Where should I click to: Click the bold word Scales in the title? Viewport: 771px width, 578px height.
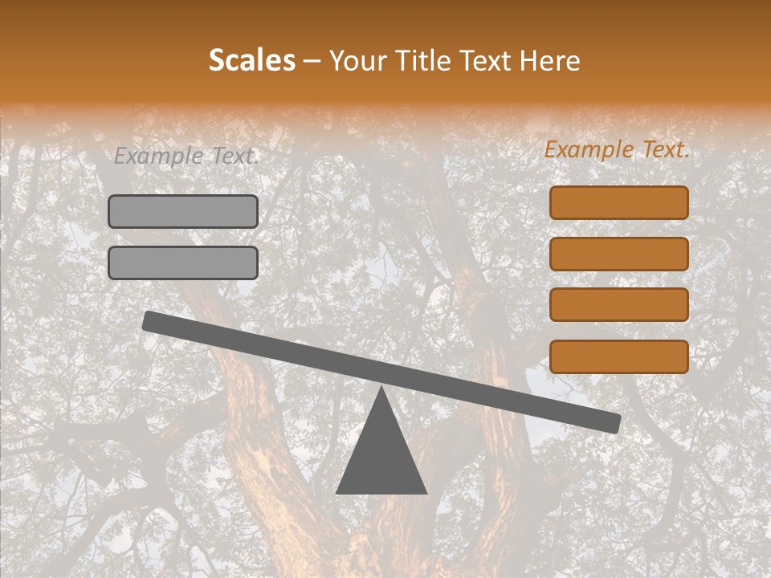pos(251,61)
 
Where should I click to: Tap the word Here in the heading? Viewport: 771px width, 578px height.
pos(549,61)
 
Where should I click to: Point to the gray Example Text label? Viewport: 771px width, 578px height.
pos(186,156)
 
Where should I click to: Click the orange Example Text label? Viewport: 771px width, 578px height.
pos(617,149)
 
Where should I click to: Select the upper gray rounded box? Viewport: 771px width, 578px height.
pos(183,212)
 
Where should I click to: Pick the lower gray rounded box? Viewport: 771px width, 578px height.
pos(183,263)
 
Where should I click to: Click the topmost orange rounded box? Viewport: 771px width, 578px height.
pos(619,203)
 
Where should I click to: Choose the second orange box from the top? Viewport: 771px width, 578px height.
pos(619,254)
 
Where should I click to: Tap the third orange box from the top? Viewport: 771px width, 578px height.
pos(619,305)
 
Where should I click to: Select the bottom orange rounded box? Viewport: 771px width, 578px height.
pos(619,356)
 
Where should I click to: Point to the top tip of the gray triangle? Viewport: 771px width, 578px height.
pos(381,389)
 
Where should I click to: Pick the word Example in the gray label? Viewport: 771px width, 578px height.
pos(157,156)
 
